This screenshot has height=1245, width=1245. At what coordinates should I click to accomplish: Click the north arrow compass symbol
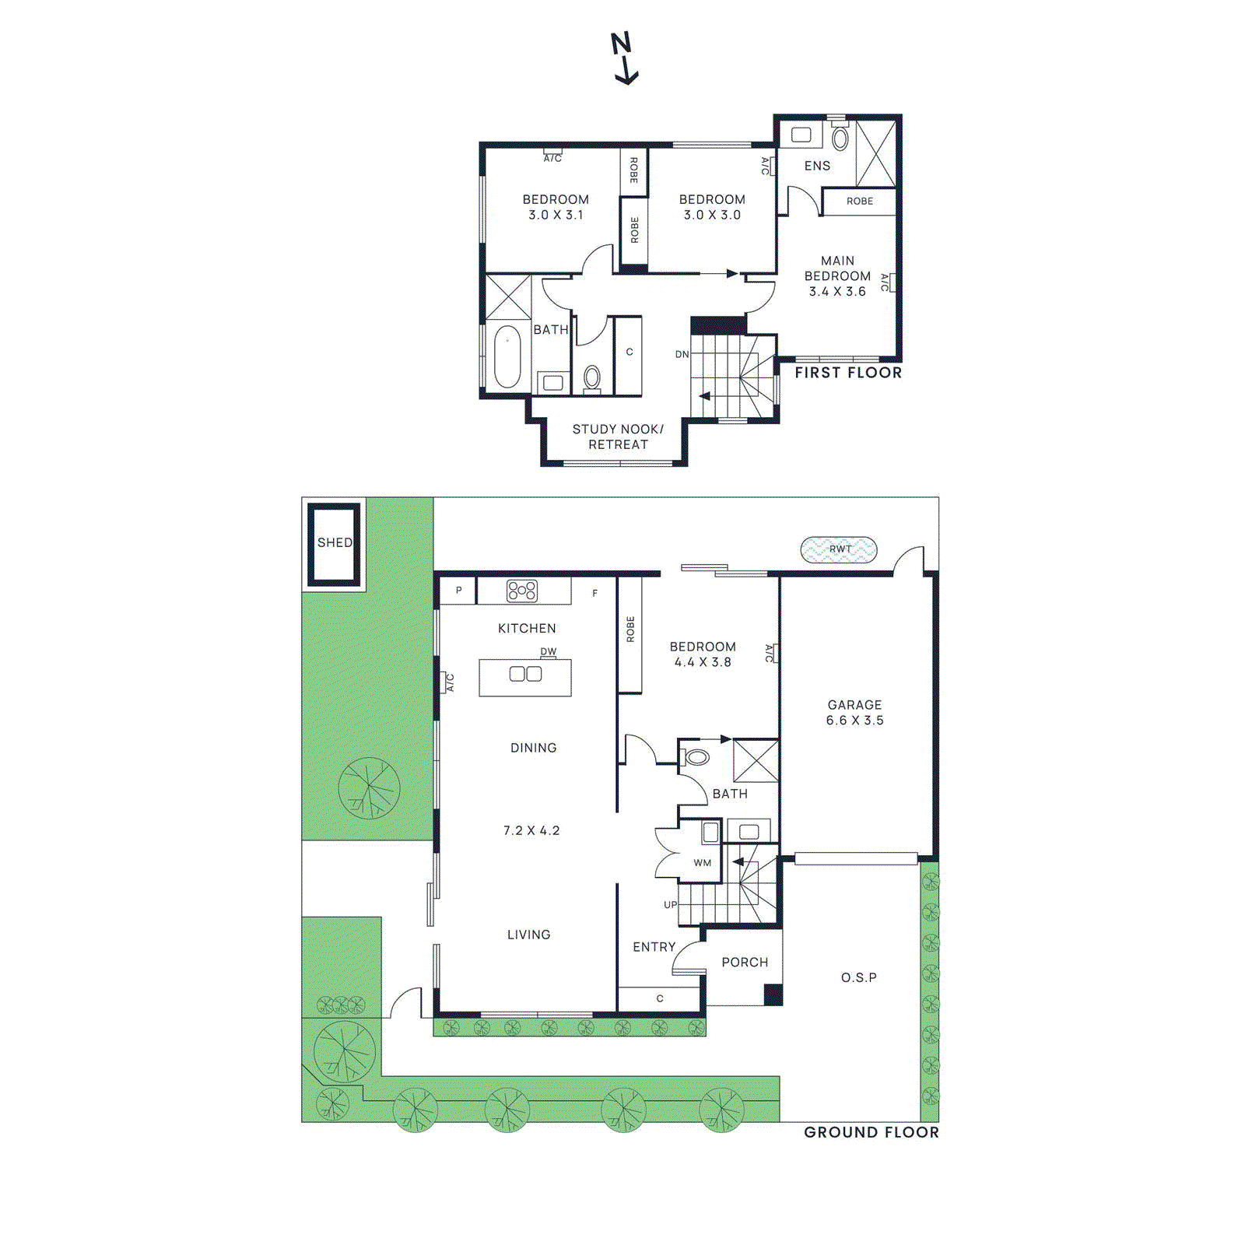coord(624,58)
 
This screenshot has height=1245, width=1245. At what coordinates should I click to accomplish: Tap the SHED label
coord(335,542)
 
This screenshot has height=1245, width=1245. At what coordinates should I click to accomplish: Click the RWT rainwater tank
coord(839,549)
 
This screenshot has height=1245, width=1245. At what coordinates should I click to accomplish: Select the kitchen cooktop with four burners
coord(522,591)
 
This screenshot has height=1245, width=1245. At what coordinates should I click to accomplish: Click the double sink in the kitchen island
coord(525,674)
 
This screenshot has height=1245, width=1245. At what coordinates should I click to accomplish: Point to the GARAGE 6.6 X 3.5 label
coord(854,712)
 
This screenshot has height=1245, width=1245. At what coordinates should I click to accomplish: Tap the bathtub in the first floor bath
coord(507,356)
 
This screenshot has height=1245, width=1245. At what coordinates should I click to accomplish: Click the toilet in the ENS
coord(840,139)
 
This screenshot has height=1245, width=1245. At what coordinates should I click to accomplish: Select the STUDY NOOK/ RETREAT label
coord(618,437)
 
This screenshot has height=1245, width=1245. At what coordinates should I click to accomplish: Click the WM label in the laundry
coord(702,862)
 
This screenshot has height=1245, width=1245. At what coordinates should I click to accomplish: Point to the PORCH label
coord(745,962)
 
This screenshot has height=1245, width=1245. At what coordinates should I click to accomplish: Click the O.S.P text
coord(858,977)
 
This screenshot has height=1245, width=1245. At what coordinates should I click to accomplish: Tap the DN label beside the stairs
coord(682,354)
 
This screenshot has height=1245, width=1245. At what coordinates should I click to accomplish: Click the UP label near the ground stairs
coord(670,904)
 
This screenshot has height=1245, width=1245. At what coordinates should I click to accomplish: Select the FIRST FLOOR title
coord(847,373)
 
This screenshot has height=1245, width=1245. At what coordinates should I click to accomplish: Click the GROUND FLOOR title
coord(871,1132)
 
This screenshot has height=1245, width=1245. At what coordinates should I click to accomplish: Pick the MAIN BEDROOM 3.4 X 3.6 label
coord(837,275)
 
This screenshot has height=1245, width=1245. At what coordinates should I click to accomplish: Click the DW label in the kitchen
coord(549,651)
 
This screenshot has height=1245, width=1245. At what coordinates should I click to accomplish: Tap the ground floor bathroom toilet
coord(697,757)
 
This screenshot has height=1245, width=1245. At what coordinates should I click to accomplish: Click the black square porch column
coord(773,994)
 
